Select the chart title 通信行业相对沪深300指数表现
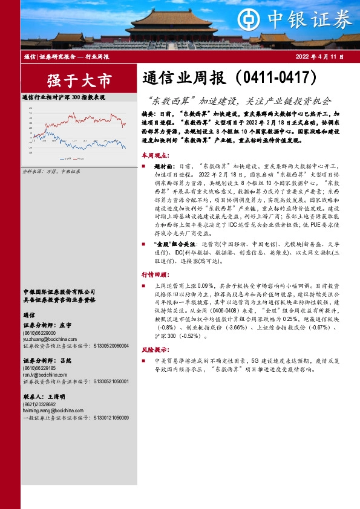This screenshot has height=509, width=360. pos(64,97)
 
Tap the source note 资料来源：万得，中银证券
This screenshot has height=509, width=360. pos(51,172)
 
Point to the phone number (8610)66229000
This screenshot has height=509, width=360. pos(39,332)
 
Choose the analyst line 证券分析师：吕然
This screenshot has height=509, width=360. pos(47,360)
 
